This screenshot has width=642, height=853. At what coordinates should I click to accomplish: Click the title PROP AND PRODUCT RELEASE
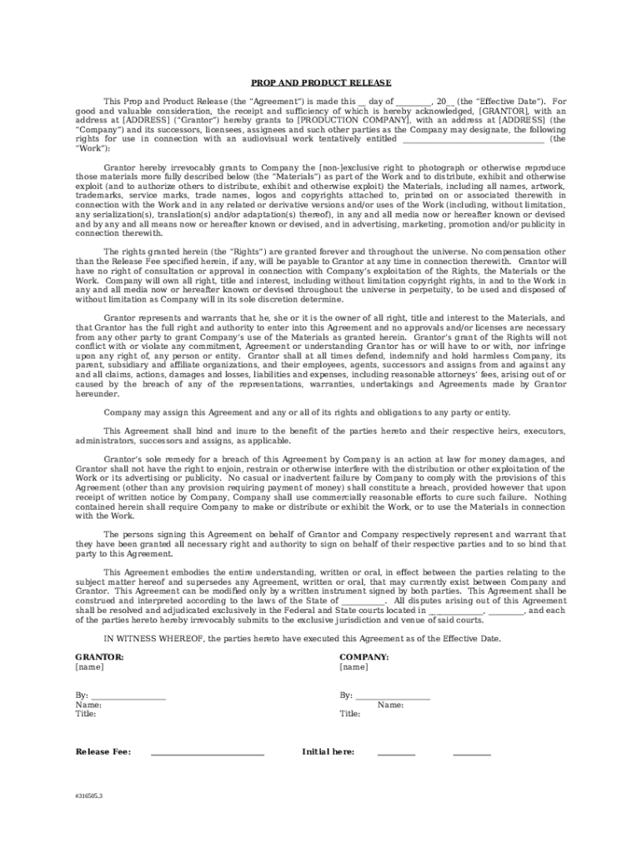[321, 82]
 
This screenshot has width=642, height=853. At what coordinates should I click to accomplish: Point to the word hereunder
[97, 393]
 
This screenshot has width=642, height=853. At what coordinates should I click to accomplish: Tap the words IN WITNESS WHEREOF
[154, 638]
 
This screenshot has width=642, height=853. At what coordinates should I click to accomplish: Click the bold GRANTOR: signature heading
[99, 657]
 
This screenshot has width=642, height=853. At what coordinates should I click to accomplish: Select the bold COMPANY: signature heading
[364, 657]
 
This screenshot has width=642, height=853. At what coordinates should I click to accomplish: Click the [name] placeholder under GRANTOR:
[89, 667]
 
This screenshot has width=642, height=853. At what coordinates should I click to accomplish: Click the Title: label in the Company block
[350, 714]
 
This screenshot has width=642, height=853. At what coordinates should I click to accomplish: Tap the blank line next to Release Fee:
[207, 753]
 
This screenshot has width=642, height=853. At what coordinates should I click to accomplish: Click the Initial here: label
[328, 752]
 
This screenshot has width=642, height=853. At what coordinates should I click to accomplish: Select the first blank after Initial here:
[396, 753]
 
